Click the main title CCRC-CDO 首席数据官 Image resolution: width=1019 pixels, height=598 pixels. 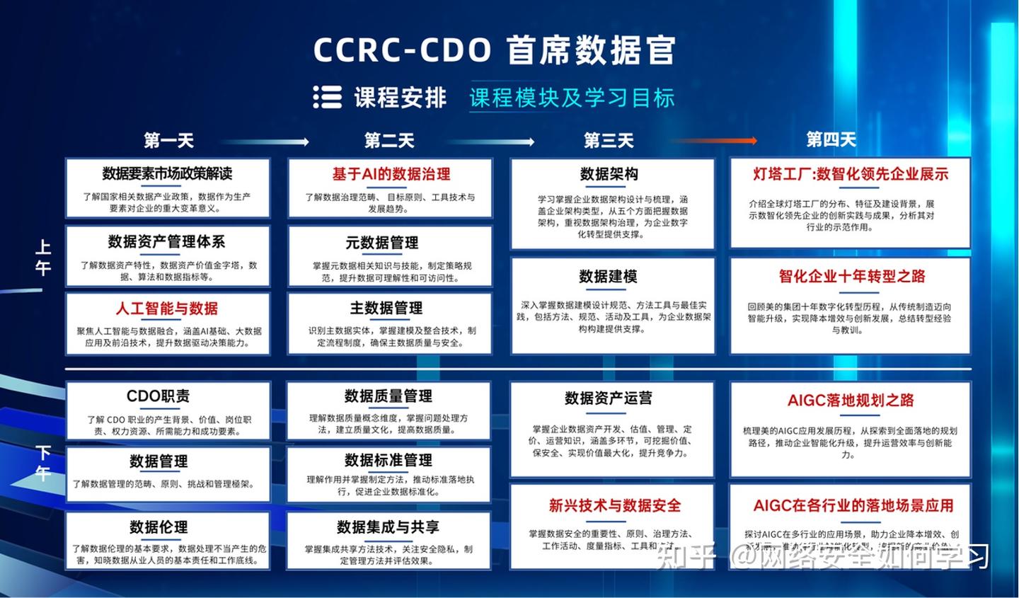coord(495,50)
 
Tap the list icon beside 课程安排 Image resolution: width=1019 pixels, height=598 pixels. coord(327,97)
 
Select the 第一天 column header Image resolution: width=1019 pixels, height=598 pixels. coord(168,140)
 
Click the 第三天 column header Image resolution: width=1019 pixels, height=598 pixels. coord(609,140)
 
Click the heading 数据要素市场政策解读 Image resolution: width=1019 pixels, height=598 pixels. coord(167,174)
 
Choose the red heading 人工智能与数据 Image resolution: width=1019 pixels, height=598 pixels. coord(167,309)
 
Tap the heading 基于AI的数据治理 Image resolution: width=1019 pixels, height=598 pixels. coord(391,174)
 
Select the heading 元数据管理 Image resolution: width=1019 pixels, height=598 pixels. coord(381,243)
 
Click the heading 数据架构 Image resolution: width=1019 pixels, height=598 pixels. coord(609,174)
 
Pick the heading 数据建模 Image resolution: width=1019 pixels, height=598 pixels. coord(608,276)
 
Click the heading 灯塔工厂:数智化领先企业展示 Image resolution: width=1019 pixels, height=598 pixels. coord(851,174)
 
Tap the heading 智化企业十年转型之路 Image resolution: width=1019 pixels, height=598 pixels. coord(851,276)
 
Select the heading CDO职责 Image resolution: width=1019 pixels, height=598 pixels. coord(158,396)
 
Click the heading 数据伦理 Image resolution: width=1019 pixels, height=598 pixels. coord(159,527)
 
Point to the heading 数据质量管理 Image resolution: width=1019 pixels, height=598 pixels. coord(388,396)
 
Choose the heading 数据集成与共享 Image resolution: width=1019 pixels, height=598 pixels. coord(388,527)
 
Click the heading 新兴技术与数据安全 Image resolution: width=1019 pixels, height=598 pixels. coord(614,505)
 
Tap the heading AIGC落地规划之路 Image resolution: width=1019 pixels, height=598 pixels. coord(850,401)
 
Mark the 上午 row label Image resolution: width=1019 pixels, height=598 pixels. coord(44,258)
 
